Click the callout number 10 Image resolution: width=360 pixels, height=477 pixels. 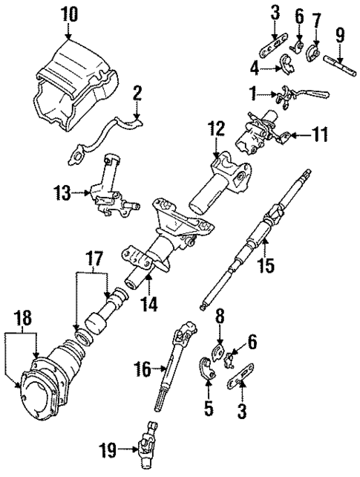coord(68,13)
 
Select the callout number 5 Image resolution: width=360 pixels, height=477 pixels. coord(209,407)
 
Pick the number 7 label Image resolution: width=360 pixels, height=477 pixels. coord(318,16)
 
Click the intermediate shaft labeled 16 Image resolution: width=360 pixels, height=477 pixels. coord(175,364)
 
